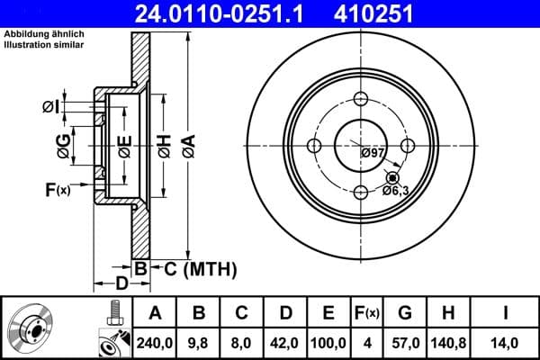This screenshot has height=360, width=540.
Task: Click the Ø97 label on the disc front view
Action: [x=373, y=153]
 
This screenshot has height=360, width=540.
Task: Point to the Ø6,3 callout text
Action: [x=396, y=190]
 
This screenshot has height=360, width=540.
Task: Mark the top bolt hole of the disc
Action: [x=362, y=100]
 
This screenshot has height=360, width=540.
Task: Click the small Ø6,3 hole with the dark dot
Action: [x=392, y=177]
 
